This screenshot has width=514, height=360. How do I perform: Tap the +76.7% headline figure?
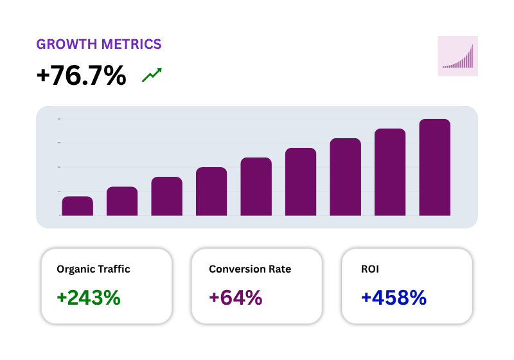(82, 76)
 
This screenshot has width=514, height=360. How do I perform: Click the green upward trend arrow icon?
(152, 75)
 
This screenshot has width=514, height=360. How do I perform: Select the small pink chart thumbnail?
(457, 56)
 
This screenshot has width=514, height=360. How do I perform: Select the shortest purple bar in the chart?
(77, 206)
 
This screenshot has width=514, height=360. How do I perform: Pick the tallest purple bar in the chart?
(434, 167)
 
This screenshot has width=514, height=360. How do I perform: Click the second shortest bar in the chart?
(122, 201)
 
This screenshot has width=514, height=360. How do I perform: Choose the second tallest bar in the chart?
(390, 172)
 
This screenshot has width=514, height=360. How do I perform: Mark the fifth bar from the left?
(256, 186)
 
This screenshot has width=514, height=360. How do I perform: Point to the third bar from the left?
(166, 196)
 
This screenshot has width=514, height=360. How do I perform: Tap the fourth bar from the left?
(211, 192)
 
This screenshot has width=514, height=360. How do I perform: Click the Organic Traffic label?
(93, 269)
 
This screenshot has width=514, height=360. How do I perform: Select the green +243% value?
(89, 298)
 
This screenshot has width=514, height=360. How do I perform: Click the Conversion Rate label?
(250, 269)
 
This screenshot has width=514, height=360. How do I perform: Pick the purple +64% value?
(236, 298)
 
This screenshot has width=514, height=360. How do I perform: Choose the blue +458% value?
(394, 298)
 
